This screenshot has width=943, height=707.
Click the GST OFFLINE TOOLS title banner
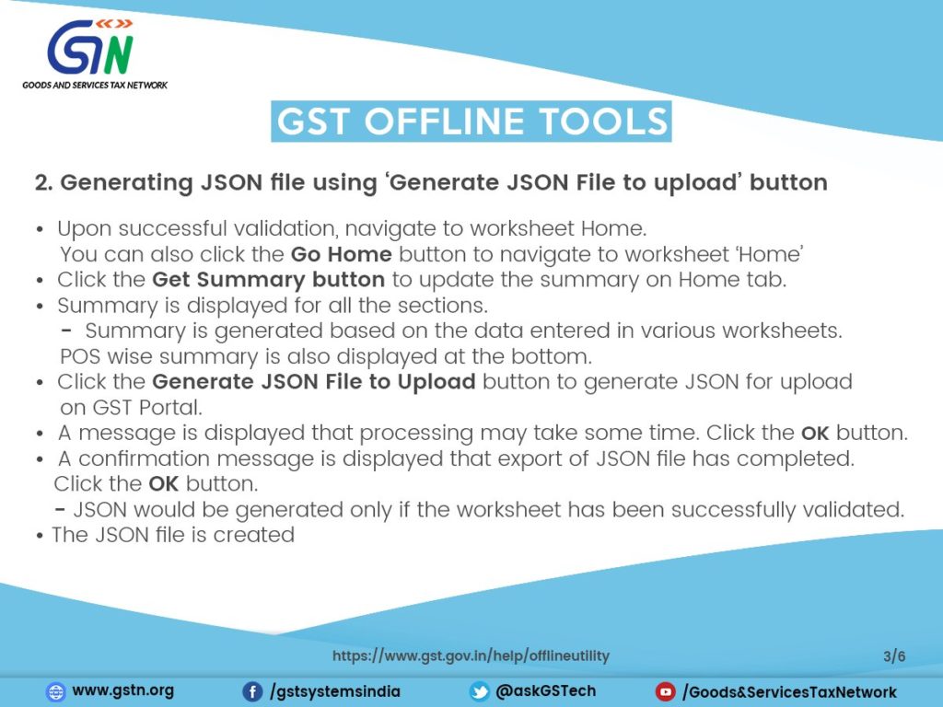(471, 122)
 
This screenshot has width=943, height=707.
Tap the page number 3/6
(894, 656)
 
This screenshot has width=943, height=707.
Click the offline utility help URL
(471, 656)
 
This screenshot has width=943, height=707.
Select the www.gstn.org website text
(122, 690)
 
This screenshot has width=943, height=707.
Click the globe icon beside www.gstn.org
(56, 691)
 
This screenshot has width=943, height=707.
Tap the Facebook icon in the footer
(251, 691)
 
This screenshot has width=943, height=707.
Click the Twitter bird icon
(479, 691)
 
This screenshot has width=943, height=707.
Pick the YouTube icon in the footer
(665, 691)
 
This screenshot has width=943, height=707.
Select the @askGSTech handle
(546, 690)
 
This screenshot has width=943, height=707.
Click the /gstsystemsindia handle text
(335, 691)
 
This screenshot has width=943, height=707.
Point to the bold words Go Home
(342, 254)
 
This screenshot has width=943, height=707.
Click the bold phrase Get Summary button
(268, 280)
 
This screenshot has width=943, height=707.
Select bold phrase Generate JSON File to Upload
(313, 381)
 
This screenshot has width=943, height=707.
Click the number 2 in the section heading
(41, 182)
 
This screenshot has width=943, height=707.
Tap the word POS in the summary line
(81, 355)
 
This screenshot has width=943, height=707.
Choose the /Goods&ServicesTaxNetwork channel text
(789, 691)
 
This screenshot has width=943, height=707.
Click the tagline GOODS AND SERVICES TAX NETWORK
(95, 85)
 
